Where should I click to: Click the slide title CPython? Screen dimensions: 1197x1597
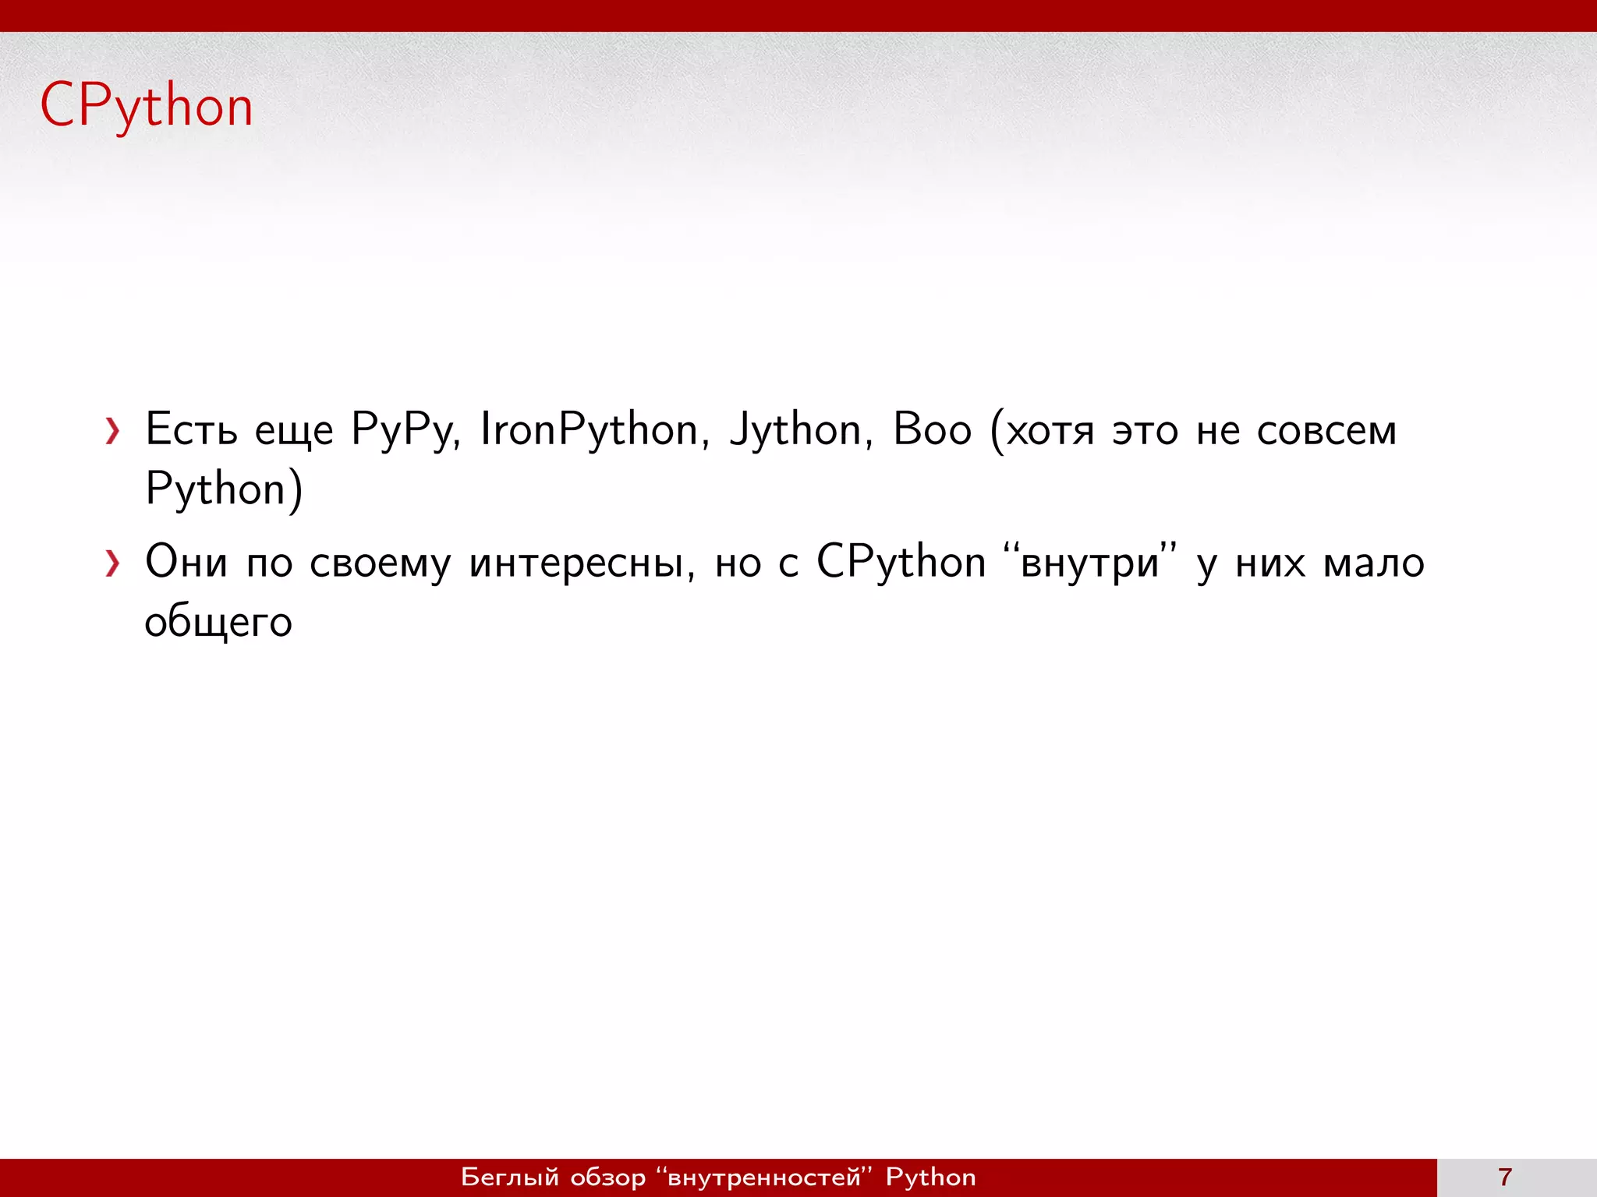coord(147,106)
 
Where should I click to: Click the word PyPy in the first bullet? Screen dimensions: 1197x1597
coord(405,429)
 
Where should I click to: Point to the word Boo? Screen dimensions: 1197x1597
coord(932,429)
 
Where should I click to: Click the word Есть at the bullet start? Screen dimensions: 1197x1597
coord(191,429)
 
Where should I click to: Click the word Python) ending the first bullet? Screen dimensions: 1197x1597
coord(224,489)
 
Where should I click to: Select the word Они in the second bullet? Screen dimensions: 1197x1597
coord(186,562)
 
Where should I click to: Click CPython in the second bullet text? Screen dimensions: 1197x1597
coord(901,562)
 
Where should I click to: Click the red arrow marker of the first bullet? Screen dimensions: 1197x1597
coord(113,431)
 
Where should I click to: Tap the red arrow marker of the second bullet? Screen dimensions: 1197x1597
coord(113,563)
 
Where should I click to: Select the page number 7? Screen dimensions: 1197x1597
coord(1505,1177)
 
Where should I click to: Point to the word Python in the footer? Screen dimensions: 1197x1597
coord(930,1177)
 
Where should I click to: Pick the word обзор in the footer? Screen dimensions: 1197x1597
coord(608,1177)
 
